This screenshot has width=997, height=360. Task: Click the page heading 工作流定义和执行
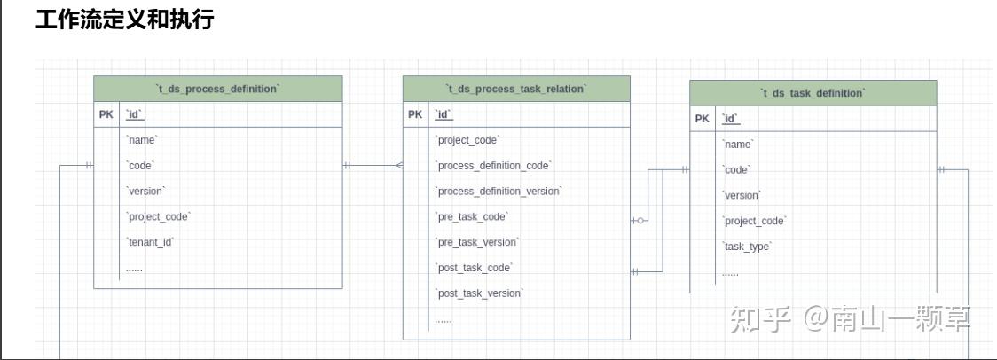coord(124,20)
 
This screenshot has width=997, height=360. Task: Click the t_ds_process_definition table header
coord(217,89)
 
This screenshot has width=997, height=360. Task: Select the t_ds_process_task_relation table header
coord(516,89)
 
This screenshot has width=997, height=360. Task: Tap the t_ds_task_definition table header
coord(813,93)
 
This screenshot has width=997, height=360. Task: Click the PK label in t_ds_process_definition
coord(106,114)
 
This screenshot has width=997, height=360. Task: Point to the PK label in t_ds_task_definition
coord(703,119)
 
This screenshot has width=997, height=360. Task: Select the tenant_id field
coord(150,242)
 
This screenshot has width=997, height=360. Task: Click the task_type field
coord(747,247)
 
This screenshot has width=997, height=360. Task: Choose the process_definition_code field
coord(493,166)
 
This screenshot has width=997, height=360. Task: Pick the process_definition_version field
coord(498,191)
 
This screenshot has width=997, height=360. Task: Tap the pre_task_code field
coord(472,216)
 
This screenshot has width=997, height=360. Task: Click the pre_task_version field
coord(477,242)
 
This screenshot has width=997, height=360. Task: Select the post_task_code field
coord(475,268)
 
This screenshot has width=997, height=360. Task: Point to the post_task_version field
coord(479,293)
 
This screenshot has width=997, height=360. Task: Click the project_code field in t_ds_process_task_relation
coord(467,140)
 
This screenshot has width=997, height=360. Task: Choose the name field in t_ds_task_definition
coord(738,144)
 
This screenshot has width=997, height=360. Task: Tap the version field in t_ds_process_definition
coord(145,191)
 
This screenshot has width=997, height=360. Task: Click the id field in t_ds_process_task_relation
coord(444,114)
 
